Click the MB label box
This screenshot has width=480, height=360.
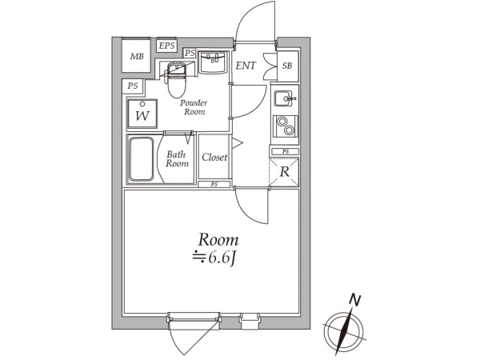point(137,56)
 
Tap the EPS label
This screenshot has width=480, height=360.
point(167,46)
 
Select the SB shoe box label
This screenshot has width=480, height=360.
point(287,66)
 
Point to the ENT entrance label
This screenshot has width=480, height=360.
point(246,66)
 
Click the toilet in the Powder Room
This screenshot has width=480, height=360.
point(175,79)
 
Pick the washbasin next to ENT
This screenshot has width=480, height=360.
point(213,62)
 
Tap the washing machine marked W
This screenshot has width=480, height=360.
point(142,114)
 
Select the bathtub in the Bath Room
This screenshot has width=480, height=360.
point(141,159)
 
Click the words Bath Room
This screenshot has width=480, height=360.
point(177,159)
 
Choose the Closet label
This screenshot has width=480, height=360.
point(214,158)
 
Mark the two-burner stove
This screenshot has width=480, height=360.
point(286,126)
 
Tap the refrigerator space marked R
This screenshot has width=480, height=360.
point(284,172)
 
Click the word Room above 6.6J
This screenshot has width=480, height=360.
point(218,240)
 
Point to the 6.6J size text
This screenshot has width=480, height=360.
point(214,259)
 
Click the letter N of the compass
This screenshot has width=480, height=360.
point(355,300)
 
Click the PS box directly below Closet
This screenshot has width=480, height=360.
point(214,184)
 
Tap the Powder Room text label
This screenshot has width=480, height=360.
point(194,107)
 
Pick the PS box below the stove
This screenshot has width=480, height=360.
point(285,151)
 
